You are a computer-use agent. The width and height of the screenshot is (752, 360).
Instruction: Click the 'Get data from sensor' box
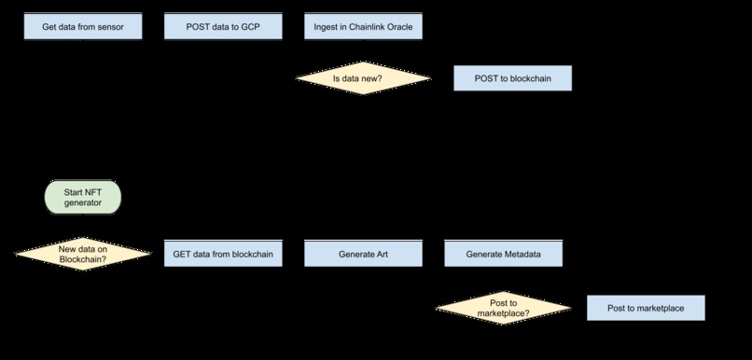coord(83,27)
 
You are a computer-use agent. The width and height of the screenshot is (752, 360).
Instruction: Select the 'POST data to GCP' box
coord(223,27)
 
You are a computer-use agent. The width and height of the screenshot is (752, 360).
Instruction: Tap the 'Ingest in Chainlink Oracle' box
coord(364,27)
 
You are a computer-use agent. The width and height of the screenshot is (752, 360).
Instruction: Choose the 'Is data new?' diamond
coord(363,79)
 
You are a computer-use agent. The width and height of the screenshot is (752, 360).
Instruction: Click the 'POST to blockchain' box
coord(511,79)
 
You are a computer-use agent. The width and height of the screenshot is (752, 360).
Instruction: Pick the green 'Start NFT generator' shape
coord(82,197)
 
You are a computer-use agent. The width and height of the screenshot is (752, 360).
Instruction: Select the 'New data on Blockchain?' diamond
coord(82,254)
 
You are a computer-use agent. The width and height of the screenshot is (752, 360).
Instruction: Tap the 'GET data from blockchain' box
coord(223,254)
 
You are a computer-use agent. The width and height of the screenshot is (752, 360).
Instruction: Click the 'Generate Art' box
coord(364,254)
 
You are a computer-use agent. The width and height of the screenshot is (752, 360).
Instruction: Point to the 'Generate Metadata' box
coord(503,254)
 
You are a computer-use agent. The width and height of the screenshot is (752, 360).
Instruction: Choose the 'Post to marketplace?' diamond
coord(503,309)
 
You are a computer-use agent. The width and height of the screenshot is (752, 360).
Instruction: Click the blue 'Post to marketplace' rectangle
coord(645,308)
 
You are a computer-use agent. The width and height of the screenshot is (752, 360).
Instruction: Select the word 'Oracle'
coord(405,27)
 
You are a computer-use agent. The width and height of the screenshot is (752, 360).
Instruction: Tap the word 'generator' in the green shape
coord(82,202)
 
